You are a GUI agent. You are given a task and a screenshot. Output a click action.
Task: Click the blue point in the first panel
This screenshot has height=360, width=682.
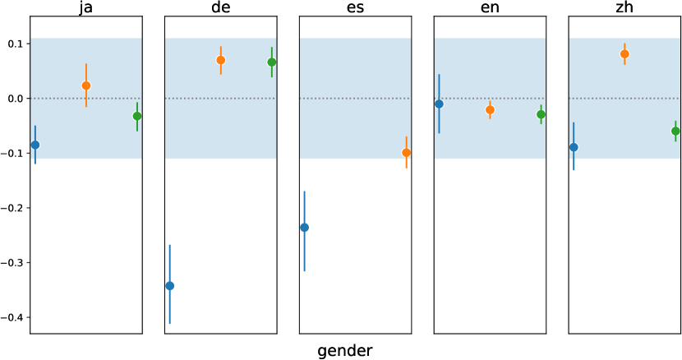pyautogui.click(x=35, y=145)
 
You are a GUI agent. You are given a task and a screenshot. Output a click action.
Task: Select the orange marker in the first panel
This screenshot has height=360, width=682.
pyautogui.click(x=86, y=85)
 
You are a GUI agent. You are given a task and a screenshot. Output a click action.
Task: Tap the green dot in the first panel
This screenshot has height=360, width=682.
pyautogui.click(x=137, y=116)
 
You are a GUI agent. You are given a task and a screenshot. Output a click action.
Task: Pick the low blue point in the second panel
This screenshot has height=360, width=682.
pyautogui.click(x=170, y=286)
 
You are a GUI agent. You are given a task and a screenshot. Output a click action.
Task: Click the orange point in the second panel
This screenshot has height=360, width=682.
pyautogui.click(x=221, y=60)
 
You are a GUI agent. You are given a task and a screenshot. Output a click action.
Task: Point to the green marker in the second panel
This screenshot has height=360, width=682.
pyautogui.click(x=272, y=62)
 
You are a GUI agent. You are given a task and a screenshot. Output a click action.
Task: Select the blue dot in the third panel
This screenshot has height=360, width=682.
pyautogui.click(x=305, y=228)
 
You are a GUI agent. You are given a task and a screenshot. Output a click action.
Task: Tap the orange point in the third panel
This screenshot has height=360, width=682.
pyautogui.click(x=407, y=153)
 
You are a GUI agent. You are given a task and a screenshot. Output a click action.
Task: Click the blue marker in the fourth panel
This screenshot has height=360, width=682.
pyautogui.click(x=439, y=104)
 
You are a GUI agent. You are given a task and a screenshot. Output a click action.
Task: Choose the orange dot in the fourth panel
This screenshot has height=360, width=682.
pyautogui.click(x=490, y=109)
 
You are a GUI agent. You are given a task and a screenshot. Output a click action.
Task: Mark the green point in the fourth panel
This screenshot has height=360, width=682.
pyautogui.click(x=541, y=114)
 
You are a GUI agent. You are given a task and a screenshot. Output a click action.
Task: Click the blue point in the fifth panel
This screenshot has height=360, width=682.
pyautogui.click(x=574, y=147)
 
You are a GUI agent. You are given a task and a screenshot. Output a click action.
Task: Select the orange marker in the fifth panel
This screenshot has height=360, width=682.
pyautogui.click(x=624, y=54)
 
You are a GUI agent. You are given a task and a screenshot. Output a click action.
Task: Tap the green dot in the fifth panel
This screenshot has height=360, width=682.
pyautogui.click(x=675, y=131)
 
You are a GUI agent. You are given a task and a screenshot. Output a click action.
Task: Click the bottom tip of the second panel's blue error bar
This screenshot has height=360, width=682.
pyautogui.click(x=170, y=323)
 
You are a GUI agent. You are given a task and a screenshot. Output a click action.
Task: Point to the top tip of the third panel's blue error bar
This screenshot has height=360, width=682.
pyautogui.click(x=305, y=192)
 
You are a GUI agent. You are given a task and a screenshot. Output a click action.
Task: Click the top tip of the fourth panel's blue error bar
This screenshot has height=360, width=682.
pyautogui.click(x=439, y=75)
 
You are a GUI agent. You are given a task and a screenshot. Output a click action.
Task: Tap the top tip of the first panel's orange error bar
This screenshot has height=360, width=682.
pyautogui.click(x=86, y=64)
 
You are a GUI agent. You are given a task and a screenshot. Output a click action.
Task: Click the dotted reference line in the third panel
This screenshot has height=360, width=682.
pyautogui.click(x=355, y=99)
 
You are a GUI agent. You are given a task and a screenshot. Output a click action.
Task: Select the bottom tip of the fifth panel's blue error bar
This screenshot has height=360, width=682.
pyautogui.click(x=574, y=169)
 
